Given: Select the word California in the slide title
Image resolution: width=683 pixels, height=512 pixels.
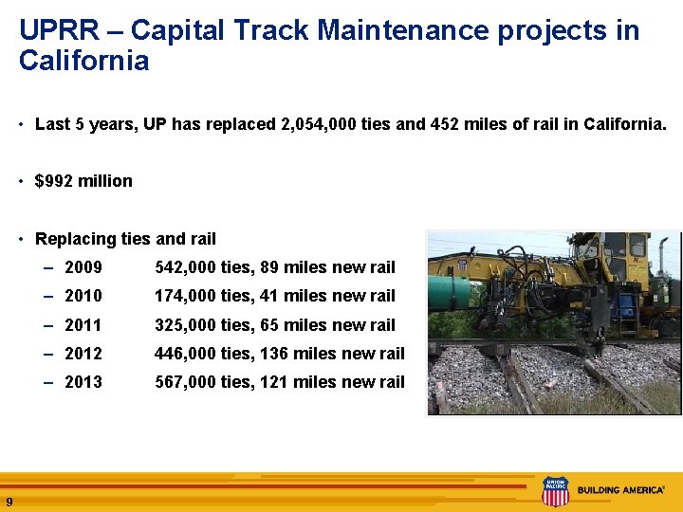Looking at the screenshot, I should point(83,62).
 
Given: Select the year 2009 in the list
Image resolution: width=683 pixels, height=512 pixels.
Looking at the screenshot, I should point(83,267).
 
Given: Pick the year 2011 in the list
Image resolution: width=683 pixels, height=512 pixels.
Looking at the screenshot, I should point(83,325).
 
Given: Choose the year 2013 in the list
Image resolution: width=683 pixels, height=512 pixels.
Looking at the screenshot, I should point(83,382).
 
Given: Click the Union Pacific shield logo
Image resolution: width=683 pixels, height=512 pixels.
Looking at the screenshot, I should point(554,491).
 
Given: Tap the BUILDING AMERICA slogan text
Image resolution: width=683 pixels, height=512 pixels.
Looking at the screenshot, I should point(620,490).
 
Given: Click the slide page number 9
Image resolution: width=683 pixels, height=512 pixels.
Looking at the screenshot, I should point(9,502).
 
